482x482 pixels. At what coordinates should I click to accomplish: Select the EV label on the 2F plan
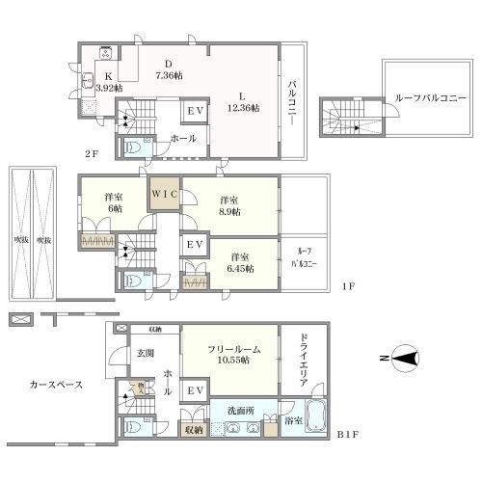(x=194, y=112)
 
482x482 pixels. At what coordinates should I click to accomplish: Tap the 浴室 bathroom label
(x=293, y=420)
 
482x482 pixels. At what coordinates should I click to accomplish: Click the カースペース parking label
(x=56, y=384)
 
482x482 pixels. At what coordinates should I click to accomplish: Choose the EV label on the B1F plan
(x=194, y=390)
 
